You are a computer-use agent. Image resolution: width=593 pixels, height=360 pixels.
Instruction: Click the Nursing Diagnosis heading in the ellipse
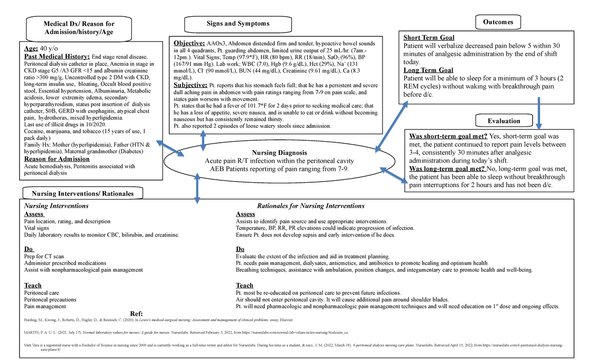tap(280, 153)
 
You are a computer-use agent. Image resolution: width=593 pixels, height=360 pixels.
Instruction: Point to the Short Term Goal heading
tap(429, 38)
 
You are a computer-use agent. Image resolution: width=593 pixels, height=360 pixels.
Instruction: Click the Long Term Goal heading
tap(428, 71)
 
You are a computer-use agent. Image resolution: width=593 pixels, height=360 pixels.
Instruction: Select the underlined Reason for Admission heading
tap(57, 159)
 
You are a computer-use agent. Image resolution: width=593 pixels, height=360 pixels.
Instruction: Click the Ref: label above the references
tap(136, 314)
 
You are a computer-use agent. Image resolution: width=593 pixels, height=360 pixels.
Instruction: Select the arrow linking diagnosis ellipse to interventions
tap(197, 188)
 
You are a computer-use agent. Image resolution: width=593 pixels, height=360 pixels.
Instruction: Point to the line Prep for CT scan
tap(44, 256)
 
